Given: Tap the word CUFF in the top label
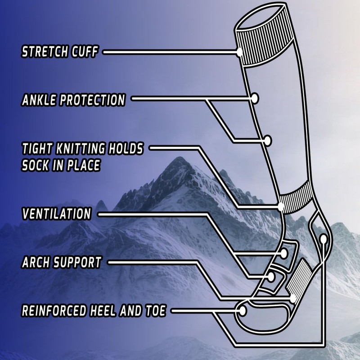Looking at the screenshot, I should pyautogui.click(x=84, y=52).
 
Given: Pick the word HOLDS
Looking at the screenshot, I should pyautogui.click(x=126, y=148).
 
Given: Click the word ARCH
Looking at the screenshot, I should pyautogui.click(x=36, y=262).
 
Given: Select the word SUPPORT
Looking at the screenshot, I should pyautogui.click(x=77, y=262).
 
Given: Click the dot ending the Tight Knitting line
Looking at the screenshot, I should pyautogui.click(x=282, y=207).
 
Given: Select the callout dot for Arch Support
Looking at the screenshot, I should pyautogui.click(x=293, y=298).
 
